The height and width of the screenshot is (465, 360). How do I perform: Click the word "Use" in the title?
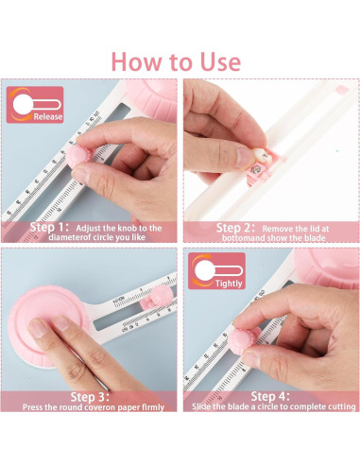[220, 61]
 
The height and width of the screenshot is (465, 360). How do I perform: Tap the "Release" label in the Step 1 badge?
[48, 117]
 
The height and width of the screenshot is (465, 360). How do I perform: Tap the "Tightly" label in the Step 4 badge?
[229, 284]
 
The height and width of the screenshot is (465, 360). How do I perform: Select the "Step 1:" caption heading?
[49, 227]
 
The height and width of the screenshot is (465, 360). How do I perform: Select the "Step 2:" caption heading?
[235, 228]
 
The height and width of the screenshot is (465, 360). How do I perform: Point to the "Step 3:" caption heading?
[90, 397]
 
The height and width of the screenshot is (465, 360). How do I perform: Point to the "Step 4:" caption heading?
[270, 396]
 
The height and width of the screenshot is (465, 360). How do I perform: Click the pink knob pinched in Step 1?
[78, 157]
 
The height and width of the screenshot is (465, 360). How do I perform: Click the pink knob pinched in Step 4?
[242, 341]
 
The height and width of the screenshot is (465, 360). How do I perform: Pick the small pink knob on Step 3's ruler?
[162, 295]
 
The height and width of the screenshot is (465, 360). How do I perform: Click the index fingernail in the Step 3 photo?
[38, 328]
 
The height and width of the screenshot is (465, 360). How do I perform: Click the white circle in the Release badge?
[23, 105]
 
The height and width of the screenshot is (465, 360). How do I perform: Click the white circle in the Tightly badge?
[204, 271]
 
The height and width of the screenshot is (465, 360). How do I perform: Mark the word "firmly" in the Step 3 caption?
[153, 407]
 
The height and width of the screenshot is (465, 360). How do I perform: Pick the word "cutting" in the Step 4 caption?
[342, 406]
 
